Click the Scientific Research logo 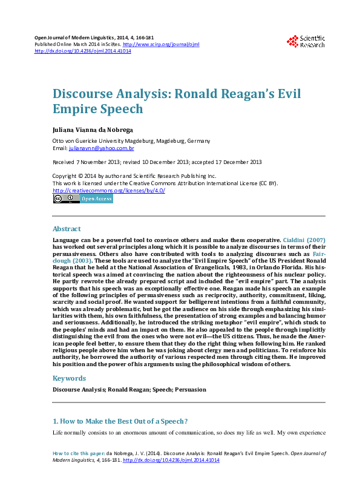pos(306,41)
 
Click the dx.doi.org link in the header pos(83,51)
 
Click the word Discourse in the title pos(81,94)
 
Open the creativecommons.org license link pos(109,190)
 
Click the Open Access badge pos(96,199)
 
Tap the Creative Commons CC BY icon pos(64,199)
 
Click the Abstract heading pos(67,229)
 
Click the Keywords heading pos(70,378)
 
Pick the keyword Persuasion pos(191,390)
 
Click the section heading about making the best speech pos(120,421)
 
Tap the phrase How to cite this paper pos(79,453)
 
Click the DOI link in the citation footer pos(171,461)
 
